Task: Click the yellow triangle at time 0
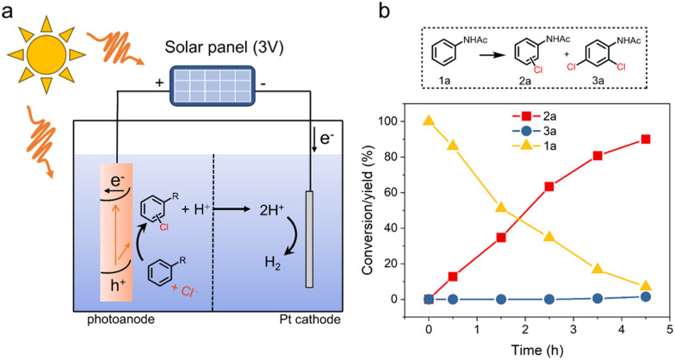(x=429, y=120)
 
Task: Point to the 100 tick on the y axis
(x=405, y=121)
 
